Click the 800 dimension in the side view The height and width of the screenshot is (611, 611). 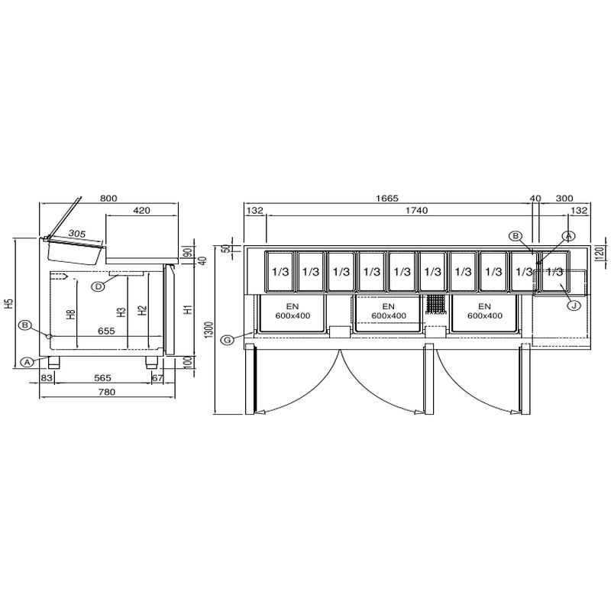[108, 199]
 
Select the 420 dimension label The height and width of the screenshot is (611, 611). [141, 211]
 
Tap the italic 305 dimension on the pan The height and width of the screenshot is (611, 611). [77, 234]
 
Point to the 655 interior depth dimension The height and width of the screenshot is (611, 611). [106, 331]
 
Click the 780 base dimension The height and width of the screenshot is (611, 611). [107, 392]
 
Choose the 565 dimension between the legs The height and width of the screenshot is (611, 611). [102, 377]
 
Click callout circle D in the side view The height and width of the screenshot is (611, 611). [99, 286]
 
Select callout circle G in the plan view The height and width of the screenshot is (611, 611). [227, 340]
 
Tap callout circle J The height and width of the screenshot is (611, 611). [574, 305]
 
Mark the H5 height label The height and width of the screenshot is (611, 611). [10, 303]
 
